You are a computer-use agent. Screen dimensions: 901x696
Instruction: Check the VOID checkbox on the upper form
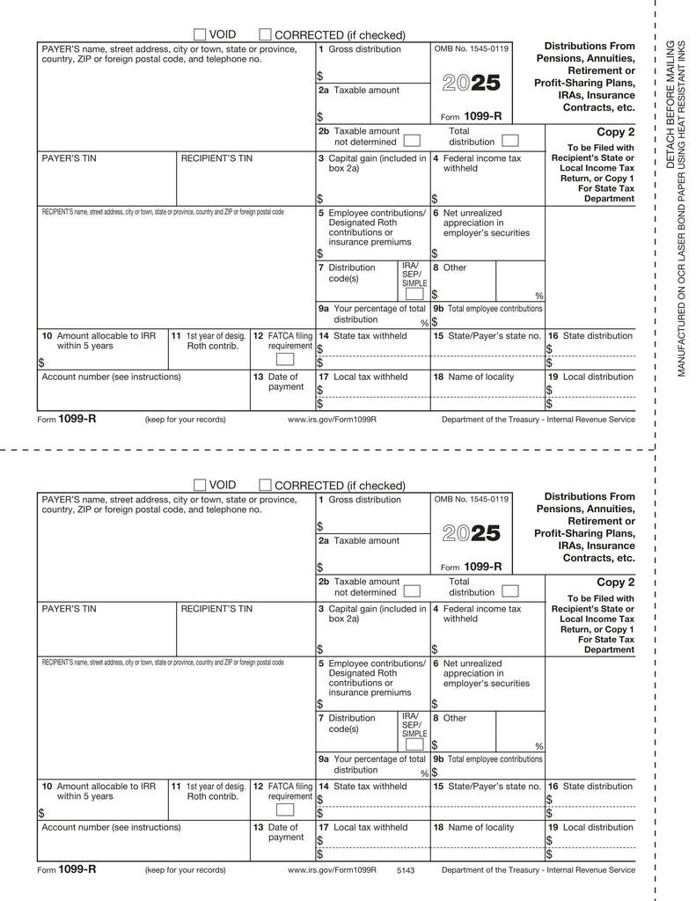(x=200, y=33)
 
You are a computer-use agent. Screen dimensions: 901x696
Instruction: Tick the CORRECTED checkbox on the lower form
(x=266, y=485)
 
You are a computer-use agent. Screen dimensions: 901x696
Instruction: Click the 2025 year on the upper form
(x=471, y=84)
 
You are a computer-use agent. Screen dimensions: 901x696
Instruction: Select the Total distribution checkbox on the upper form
(x=509, y=140)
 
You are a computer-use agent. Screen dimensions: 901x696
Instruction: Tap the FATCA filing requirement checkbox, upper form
(x=285, y=359)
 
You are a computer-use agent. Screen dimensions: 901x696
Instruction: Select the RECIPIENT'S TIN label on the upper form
(x=216, y=158)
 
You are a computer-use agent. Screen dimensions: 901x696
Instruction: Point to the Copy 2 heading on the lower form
(x=615, y=582)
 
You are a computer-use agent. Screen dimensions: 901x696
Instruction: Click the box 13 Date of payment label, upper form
(x=284, y=382)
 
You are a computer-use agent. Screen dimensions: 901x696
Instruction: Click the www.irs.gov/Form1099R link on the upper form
(x=332, y=420)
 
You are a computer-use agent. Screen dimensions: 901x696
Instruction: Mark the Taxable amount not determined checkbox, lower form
(x=412, y=590)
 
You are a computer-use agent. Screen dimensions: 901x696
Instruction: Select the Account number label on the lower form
(x=111, y=827)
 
